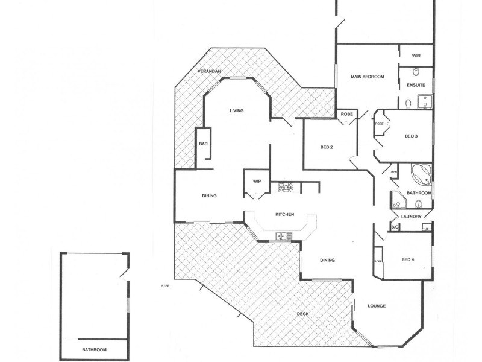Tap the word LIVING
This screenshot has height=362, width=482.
coord(236,110)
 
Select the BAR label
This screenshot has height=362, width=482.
coord(204,144)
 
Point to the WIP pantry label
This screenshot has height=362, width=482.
coord(257,181)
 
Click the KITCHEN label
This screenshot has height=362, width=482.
coord(284,215)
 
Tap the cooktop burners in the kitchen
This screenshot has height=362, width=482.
coord(286,188)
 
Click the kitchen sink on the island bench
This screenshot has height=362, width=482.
coord(282,236)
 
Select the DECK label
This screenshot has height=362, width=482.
coord(304,314)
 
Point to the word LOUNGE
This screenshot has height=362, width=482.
coord(377,306)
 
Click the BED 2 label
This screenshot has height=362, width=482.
coord(327,147)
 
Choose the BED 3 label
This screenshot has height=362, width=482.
coord(412,136)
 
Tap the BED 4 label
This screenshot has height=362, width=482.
coord(408,260)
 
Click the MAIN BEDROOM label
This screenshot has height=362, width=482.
coord(368,77)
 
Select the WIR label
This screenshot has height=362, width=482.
coord(416,56)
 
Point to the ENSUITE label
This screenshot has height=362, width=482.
coord(416,85)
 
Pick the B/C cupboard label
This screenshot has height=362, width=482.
coord(395,227)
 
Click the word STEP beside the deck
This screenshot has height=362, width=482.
coord(165,285)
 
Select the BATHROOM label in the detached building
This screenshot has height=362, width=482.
coord(94,350)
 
